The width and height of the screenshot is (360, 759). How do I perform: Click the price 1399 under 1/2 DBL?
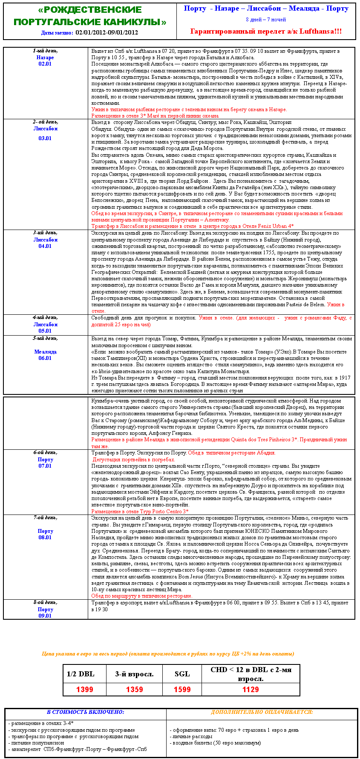tap(84, 690)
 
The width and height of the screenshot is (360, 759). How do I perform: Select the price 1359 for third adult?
tap(134, 690)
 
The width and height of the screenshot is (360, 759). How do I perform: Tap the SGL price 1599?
tap(182, 690)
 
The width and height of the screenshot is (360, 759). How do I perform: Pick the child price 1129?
tap(251, 690)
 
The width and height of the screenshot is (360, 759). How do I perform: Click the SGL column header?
tap(182, 673)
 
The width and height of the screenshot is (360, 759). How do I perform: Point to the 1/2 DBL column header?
tap(81, 673)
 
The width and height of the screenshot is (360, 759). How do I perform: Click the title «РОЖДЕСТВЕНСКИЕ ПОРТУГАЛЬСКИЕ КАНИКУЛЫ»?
tap(90, 16)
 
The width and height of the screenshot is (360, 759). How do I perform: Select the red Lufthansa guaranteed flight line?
tap(266, 31)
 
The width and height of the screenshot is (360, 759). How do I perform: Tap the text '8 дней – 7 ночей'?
tap(266, 20)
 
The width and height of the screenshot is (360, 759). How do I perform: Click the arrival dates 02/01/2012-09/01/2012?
tap(107, 32)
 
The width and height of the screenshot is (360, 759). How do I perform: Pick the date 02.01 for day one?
tap(45, 64)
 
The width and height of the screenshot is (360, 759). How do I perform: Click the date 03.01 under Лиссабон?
tap(45, 138)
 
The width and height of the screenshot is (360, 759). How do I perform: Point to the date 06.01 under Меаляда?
tap(45, 358)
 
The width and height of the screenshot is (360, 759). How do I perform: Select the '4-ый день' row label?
tap(45, 317)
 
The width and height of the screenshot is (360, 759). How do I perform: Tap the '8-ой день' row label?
tap(45, 602)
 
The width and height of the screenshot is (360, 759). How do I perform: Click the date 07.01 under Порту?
tap(45, 466)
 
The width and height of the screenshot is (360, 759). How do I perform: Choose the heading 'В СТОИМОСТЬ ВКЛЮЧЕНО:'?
tap(85, 712)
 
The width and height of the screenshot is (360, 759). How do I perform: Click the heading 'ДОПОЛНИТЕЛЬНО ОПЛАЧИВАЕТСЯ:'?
tap(262, 712)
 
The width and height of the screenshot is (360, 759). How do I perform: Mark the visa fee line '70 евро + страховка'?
tap(234, 730)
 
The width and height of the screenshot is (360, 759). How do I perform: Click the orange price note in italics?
tap(168, 654)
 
